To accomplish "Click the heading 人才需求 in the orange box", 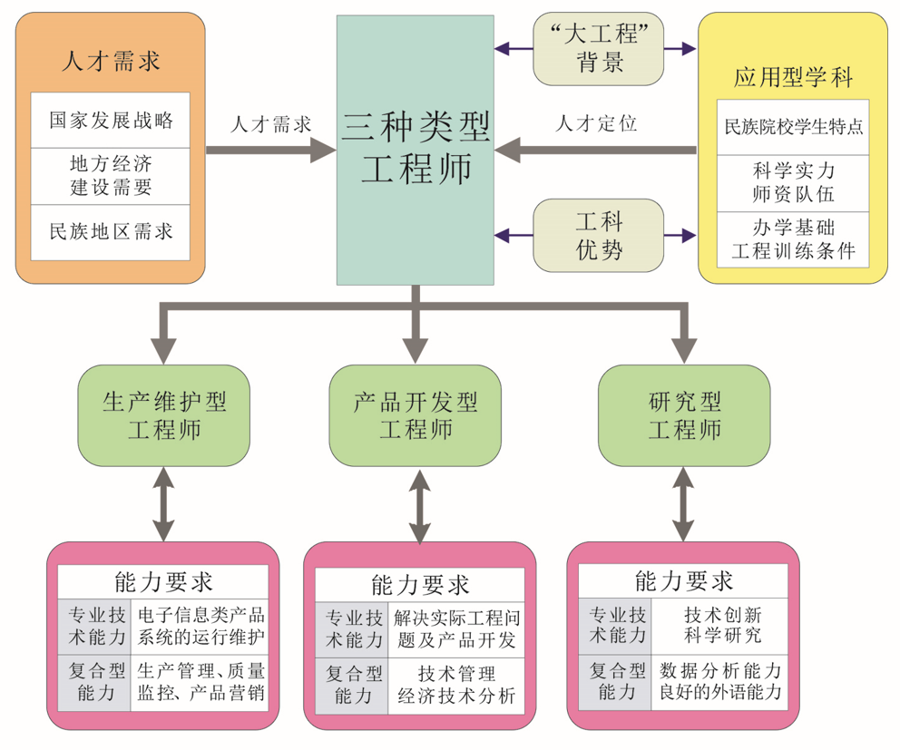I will click(111, 61).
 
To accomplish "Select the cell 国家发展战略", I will click(111, 120).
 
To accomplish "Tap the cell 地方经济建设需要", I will click(111, 176).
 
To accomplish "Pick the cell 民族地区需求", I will click(111, 230).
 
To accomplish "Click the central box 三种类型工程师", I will click(416, 150).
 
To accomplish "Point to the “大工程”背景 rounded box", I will click(600, 48).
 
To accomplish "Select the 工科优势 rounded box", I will click(600, 235).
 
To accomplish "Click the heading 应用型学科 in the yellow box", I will click(793, 77).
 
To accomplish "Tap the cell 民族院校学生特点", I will click(793, 127).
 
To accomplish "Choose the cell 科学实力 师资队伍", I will click(793, 181).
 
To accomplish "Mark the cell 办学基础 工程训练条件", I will click(793, 239).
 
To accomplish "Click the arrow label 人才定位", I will click(596, 123).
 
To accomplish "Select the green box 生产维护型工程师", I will click(164, 415).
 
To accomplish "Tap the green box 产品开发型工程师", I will click(416, 415).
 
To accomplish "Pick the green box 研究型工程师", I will click(684, 415).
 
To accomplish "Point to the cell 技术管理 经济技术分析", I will click(456, 686).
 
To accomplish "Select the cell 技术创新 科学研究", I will click(721, 624).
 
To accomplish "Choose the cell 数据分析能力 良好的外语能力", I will click(721, 682).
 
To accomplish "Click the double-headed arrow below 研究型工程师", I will click(684, 508).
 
